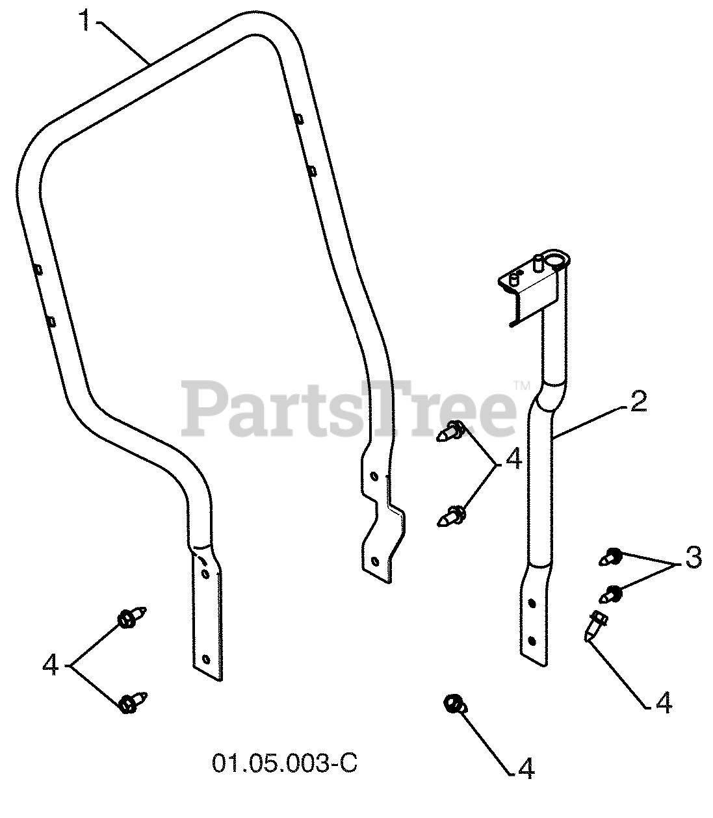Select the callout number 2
(x=637, y=402)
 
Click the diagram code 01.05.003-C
(x=284, y=763)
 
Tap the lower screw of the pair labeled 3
(x=612, y=593)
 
